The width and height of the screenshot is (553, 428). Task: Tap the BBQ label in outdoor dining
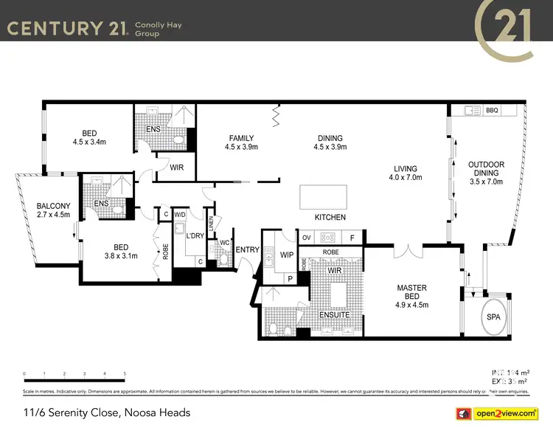[x=492, y=111]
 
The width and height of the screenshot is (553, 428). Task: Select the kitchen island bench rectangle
[x=321, y=198]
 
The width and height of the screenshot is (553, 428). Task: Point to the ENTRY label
[x=247, y=249]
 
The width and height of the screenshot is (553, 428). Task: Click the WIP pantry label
[x=288, y=255]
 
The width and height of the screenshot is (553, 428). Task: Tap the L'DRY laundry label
[x=195, y=235]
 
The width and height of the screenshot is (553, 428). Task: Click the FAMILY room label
[x=241, y=142]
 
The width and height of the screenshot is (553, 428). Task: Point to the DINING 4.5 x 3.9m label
[x=330, y=142]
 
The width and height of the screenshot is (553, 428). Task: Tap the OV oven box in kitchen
[x=307, y=238]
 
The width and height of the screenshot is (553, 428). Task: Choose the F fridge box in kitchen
[x=352, y=238]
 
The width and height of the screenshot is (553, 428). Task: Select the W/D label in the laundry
[x=180, y=215]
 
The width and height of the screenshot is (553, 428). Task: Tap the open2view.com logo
[x=506, y=412]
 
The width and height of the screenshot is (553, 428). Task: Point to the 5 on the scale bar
[x=125, y=374]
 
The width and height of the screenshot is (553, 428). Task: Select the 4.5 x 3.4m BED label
[x=89, y=137]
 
